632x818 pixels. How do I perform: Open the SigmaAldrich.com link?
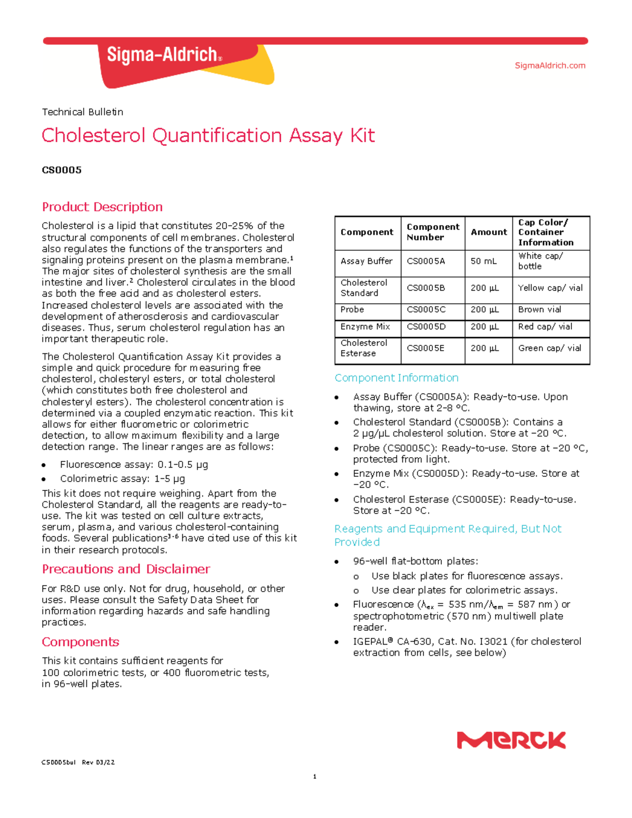pyautogui.click(x=550, y=65)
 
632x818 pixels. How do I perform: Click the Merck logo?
pyautogui.click(x=511, y=740)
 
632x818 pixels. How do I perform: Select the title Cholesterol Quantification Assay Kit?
pyautogui.click(x=208, y=135)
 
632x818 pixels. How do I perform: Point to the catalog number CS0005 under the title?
pyautogui.click(x=62, y=170)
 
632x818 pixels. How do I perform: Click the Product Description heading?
pyautogui.click(x=102, y=207)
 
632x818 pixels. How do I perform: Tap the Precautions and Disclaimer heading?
pyautogui.click(x=126, y=569)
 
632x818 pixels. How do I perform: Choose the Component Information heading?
pyautogui.click(x=396, y=378)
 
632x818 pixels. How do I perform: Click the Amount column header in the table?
pyautogui.click(x=489, y=232)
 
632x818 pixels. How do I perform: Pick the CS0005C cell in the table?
pyautogui.click(x=426, y=310)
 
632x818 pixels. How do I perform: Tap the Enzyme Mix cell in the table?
pyautogui.click(x=365, y=327)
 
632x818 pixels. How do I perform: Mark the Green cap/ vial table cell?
pyautogui.click(x=549, y=348)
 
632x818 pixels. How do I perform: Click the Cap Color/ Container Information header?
pyautogui.click(x=546, y=232)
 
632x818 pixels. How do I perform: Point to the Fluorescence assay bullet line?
pyautogui.click(x=134, y=465)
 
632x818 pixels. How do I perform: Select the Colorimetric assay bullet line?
pyautogui.click(x=122, y=479)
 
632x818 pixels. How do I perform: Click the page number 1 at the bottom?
pyautogui.click(x=314, y=776)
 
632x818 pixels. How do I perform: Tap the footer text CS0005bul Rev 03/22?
pyautogui.click(x=78, y=762)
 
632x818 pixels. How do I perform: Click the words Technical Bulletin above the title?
pyautogui.click(x=82, y=112)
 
